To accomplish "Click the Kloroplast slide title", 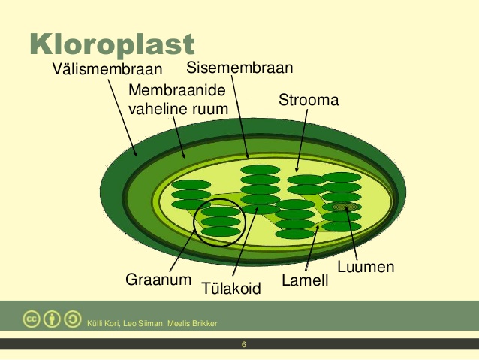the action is [112, 44].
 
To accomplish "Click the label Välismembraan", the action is [107, 69].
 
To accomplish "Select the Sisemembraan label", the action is [239, 68].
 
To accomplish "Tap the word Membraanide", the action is [177, 90].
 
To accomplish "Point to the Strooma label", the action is [309, 100].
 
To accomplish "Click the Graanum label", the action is [158, 280].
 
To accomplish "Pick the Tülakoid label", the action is [231, 288].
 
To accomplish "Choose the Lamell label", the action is [305, 280].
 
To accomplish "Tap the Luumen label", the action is [366, 267].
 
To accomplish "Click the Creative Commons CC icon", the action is [32, 319].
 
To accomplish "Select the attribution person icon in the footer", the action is [52, 319].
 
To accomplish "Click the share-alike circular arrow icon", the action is [72, 319].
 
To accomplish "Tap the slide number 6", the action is [244, 345].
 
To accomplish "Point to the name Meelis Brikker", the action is [192, 324].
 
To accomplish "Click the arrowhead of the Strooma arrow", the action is [297, 170].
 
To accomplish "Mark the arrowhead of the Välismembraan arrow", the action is [135, 154].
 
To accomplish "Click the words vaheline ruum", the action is [179, 109].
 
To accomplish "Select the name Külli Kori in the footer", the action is [103, 324].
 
